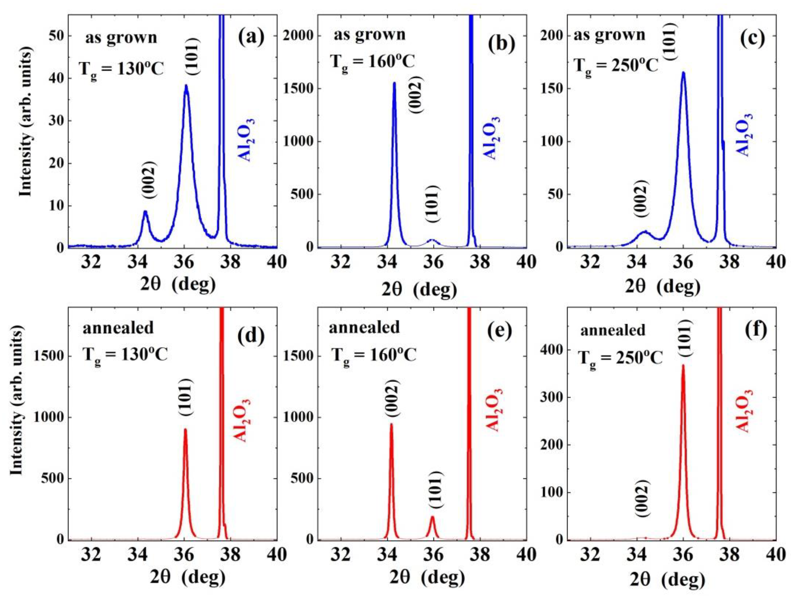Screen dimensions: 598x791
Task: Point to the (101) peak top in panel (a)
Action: click(186, 85)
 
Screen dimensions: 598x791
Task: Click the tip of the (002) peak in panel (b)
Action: click(394, 83)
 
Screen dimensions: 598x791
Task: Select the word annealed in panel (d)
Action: click(118, 328)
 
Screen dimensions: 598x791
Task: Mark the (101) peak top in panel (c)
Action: click(683, 73)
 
